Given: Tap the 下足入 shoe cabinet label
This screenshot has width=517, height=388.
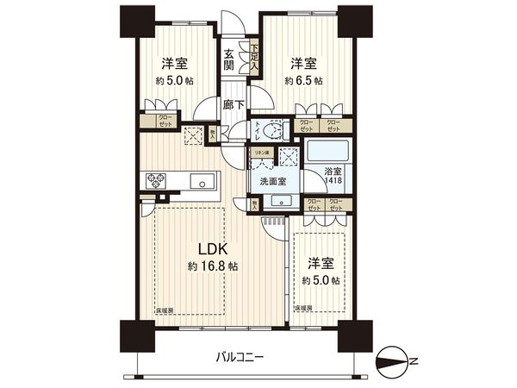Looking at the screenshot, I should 255,58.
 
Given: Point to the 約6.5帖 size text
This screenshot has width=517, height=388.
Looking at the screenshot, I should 305,80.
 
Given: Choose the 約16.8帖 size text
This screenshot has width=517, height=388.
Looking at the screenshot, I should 213,266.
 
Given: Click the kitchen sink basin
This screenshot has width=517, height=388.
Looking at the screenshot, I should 202,182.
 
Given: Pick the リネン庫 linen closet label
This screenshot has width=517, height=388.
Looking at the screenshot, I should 259,153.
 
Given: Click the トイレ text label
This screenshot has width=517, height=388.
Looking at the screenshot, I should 257,130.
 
